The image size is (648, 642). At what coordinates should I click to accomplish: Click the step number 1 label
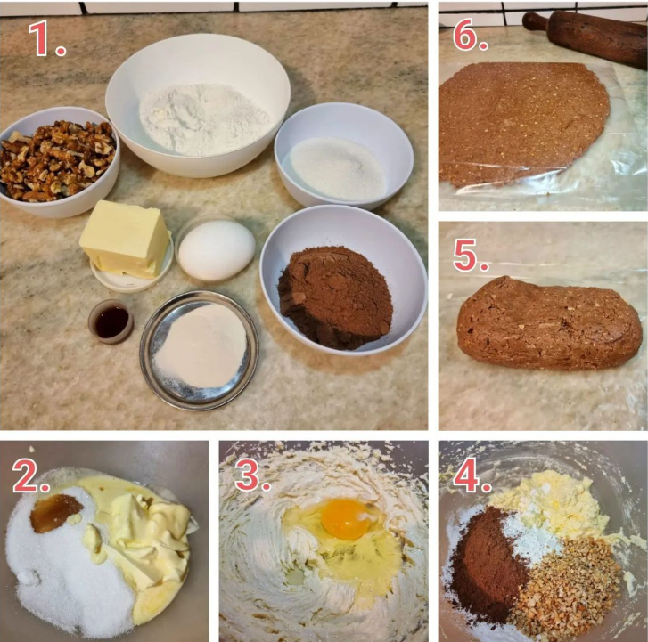click(x=46, y=38)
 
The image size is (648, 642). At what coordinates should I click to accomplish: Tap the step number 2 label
click(x=31, y=475)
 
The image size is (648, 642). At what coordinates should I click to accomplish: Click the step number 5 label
click(x=471, y=255)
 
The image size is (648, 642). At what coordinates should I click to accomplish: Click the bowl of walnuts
click(x=58, y=162)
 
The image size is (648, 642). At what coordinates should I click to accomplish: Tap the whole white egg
click(x=217, y=250)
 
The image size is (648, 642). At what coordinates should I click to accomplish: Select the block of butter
click(x=125, y=239)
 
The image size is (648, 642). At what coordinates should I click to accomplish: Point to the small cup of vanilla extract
click(x=111, y=321)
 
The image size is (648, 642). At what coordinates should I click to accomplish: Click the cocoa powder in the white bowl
click(x=335, y=297)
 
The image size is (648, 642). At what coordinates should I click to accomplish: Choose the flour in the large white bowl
click(x=203, y=119)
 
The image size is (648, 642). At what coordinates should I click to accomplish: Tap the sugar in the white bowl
click(x=337, y=168)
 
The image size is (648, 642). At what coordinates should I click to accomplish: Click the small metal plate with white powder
click(x=199, y=351)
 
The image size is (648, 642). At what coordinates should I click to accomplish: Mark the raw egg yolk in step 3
click(x=347, y=518)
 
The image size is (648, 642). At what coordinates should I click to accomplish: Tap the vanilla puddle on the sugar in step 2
click(x=56, y=512)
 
